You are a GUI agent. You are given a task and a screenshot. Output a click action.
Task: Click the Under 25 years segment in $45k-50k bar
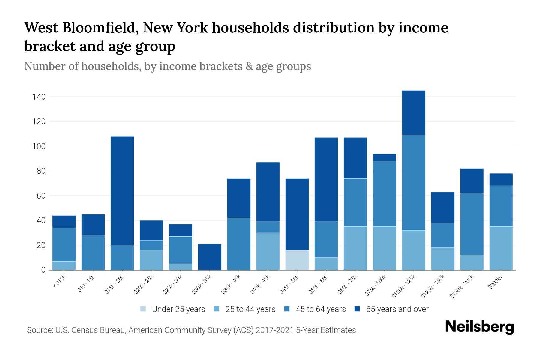coord(297,260)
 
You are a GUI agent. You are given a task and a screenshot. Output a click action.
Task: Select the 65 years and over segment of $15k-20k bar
coord(122,190)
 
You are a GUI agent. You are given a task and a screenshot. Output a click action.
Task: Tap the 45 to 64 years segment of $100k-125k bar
coord(413,182)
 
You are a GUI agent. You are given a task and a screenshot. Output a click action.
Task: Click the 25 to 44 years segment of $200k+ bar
coord(501,248)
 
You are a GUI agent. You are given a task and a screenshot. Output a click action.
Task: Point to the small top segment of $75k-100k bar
coord(384,157)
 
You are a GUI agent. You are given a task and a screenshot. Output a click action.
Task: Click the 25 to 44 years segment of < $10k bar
coord(64,265)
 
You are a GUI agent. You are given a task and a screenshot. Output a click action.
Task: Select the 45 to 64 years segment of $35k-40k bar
coord(239,244)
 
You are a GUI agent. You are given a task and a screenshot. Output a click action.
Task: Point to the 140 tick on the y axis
coord(39,97)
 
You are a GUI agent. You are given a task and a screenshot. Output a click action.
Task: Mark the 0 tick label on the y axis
coord(43,270)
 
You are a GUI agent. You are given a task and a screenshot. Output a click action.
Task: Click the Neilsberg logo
coord(479,327)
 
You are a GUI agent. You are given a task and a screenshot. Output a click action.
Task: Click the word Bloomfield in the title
coord(100,28)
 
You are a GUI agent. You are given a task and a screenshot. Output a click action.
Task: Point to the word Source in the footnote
coord(39,330)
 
